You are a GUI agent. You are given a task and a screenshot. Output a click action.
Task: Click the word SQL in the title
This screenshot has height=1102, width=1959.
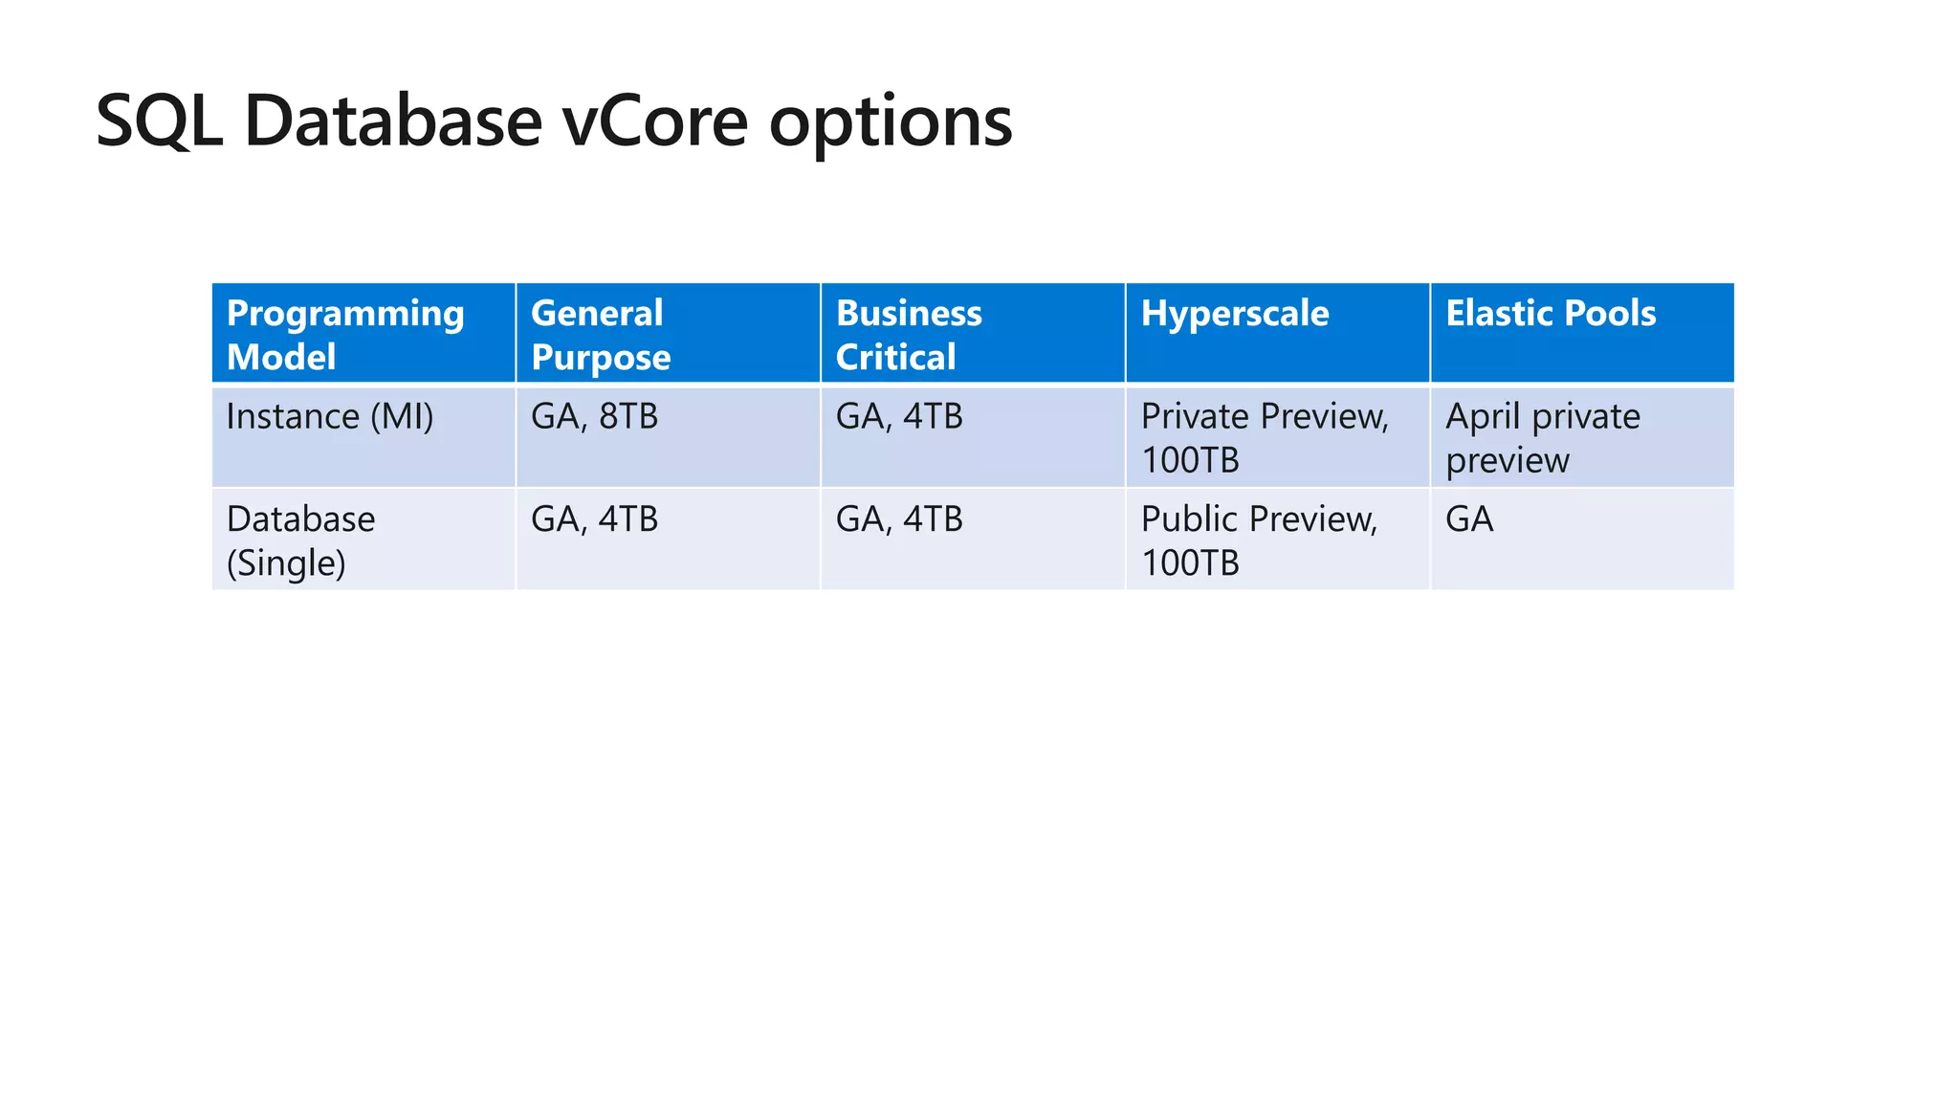coord(159,122)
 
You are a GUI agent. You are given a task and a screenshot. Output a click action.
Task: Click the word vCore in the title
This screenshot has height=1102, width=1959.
coord(654,122)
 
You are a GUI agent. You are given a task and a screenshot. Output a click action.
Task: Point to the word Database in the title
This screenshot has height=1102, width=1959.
coord(393,122)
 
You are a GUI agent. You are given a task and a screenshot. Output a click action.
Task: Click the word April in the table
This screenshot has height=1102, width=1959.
coord(1483,418)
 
